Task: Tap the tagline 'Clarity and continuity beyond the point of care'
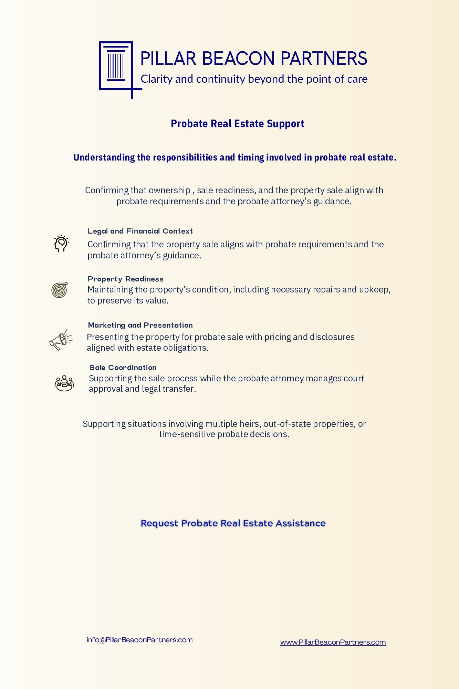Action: tap(254, 79)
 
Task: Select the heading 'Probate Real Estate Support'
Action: tap(237, 124)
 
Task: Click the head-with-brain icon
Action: tap(61, 243)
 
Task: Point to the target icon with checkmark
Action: tap(60, 290)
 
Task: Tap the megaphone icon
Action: tap(61, 340)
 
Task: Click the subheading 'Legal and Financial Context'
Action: tap(140, 231)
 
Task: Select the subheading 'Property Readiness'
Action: tap(126, 279)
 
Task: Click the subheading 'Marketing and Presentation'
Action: tap(140, 325)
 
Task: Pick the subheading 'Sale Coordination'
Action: tap(123, 368)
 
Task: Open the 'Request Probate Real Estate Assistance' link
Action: tap(233, 523)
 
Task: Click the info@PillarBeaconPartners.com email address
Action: tap(139, 640)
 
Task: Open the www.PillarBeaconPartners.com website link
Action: tap(333, 642)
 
